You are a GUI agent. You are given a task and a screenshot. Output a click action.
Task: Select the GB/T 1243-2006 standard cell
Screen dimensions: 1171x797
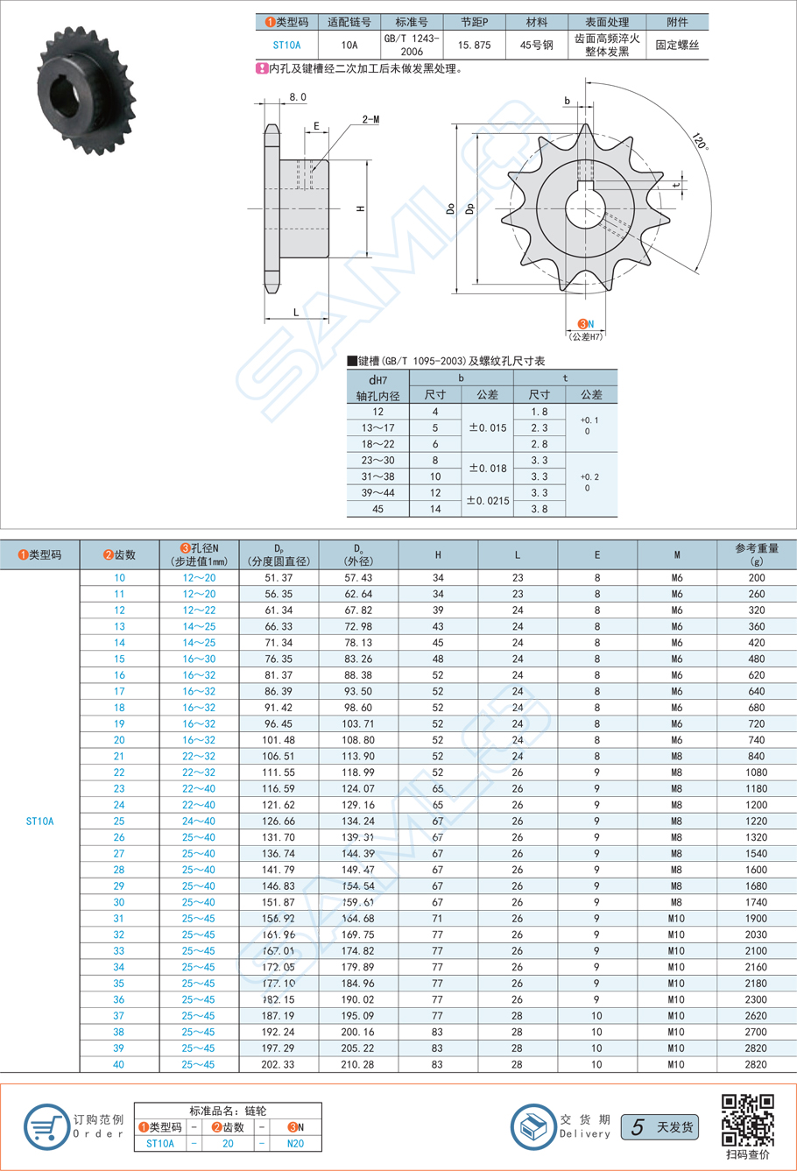(413, 45)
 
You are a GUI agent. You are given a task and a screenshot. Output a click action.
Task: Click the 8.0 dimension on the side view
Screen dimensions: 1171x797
(298, 97)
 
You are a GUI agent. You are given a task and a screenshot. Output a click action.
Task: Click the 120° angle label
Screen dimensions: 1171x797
(699, 143)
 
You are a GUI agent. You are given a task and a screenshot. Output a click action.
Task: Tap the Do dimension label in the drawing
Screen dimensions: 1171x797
(450, 209)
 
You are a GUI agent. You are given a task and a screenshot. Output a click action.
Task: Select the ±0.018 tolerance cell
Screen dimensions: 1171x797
(487, 469)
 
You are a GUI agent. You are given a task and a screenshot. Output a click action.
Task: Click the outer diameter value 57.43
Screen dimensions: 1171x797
(358, 577)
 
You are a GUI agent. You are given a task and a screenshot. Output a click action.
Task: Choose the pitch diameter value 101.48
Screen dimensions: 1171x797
(278, 740)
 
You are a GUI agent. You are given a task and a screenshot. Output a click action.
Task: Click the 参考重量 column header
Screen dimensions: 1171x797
(757, 554)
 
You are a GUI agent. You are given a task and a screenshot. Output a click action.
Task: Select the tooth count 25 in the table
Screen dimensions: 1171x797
(119, 821)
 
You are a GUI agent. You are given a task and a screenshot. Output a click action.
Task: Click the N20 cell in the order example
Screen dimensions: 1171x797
(295, 1143)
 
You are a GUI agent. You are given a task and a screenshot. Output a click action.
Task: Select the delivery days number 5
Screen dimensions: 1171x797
(638, 1127)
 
